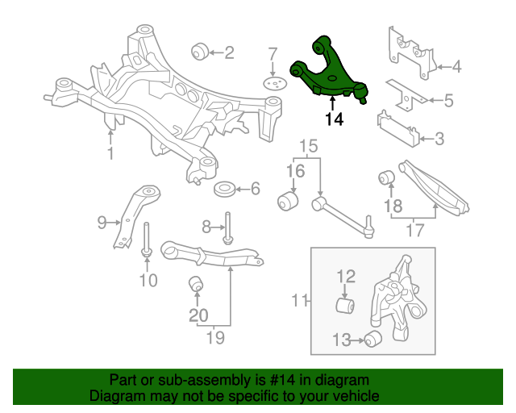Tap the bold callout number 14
click(x=334, y=119)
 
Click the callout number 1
click(x=110, y=153)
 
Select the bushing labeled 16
click(x=287, y=200)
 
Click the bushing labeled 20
click(x=195, y=286)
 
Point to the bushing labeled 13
click(x=372, y=340)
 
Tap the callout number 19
click(x=214, y=337)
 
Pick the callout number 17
click(x=414, y=230)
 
